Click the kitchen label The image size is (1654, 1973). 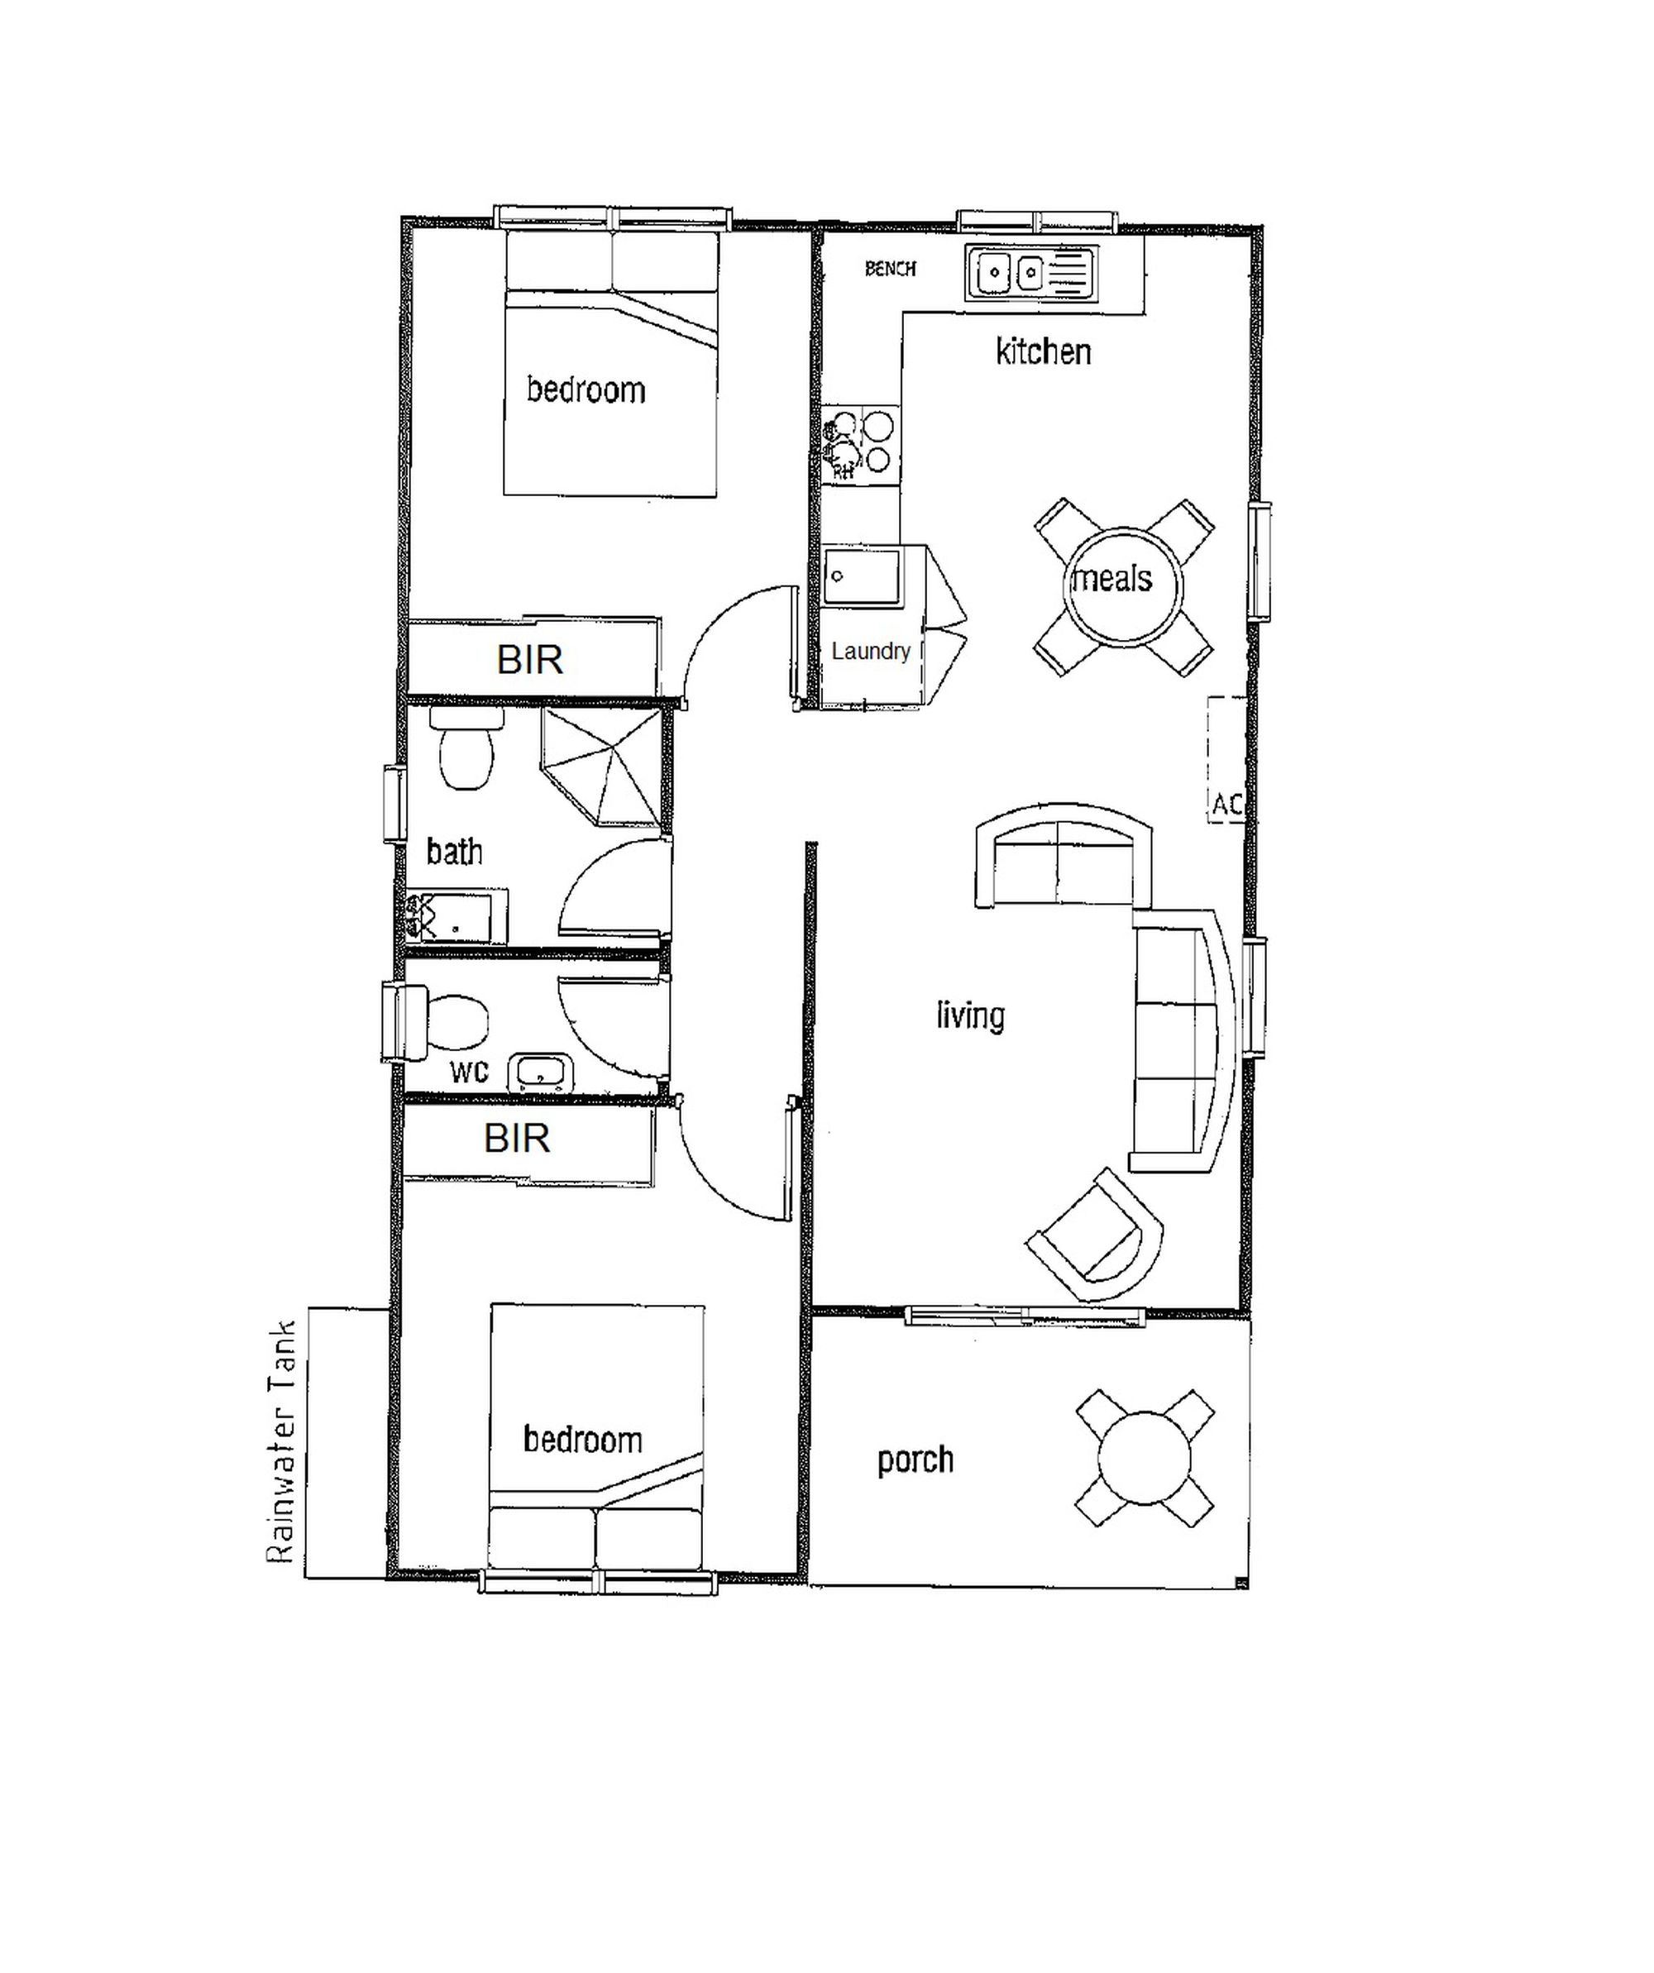click(x=1043, y=352)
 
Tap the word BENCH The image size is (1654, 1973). click(x=890, y=269)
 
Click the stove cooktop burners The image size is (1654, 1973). click(x=861, y=443)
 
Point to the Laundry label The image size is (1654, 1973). click(x=871, y=651)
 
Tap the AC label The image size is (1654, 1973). click(x=1227, y=805)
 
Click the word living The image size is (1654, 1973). click(x=971, y=1015)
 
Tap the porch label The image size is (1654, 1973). click(x=915, y=1461)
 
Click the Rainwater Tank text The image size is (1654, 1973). click(x=281, y=1442)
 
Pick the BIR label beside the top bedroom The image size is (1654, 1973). click(x=530, y=660)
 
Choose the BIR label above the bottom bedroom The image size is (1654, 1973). click(x=517, y=1139)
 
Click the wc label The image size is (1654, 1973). click(x=469, y=1072)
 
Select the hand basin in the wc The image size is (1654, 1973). click(x=540, y=1074)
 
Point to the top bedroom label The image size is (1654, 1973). click(x=586, y=390)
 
